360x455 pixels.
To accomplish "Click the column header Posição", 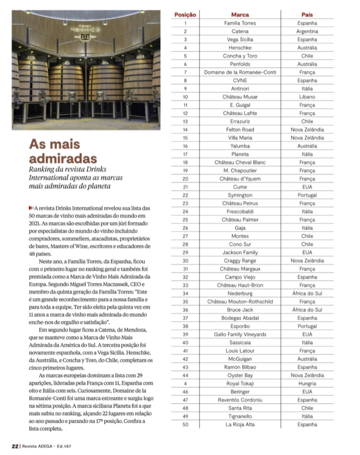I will [185, 15].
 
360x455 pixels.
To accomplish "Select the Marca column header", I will [240, 15].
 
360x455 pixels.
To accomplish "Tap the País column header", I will [307, 15].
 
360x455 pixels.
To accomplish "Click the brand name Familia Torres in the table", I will [240, 23].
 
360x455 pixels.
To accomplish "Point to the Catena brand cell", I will [240, 31].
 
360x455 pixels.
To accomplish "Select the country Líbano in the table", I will [307, 97].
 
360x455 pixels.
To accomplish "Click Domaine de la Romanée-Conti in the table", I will [240, 72].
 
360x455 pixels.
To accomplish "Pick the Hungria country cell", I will [307, 383].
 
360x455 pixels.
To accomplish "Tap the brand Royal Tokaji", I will [240, 383].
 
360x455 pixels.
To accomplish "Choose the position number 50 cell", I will [185, 424].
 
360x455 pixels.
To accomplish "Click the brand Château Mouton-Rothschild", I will [240, 302].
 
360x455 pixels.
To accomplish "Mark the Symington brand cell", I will [240, 195].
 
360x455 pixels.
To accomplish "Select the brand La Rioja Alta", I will [240, 424].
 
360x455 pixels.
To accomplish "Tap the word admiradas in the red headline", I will [63, 159].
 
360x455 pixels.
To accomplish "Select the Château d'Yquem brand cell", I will [240, 179].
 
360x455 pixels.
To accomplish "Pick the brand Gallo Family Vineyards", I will [240, 334].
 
